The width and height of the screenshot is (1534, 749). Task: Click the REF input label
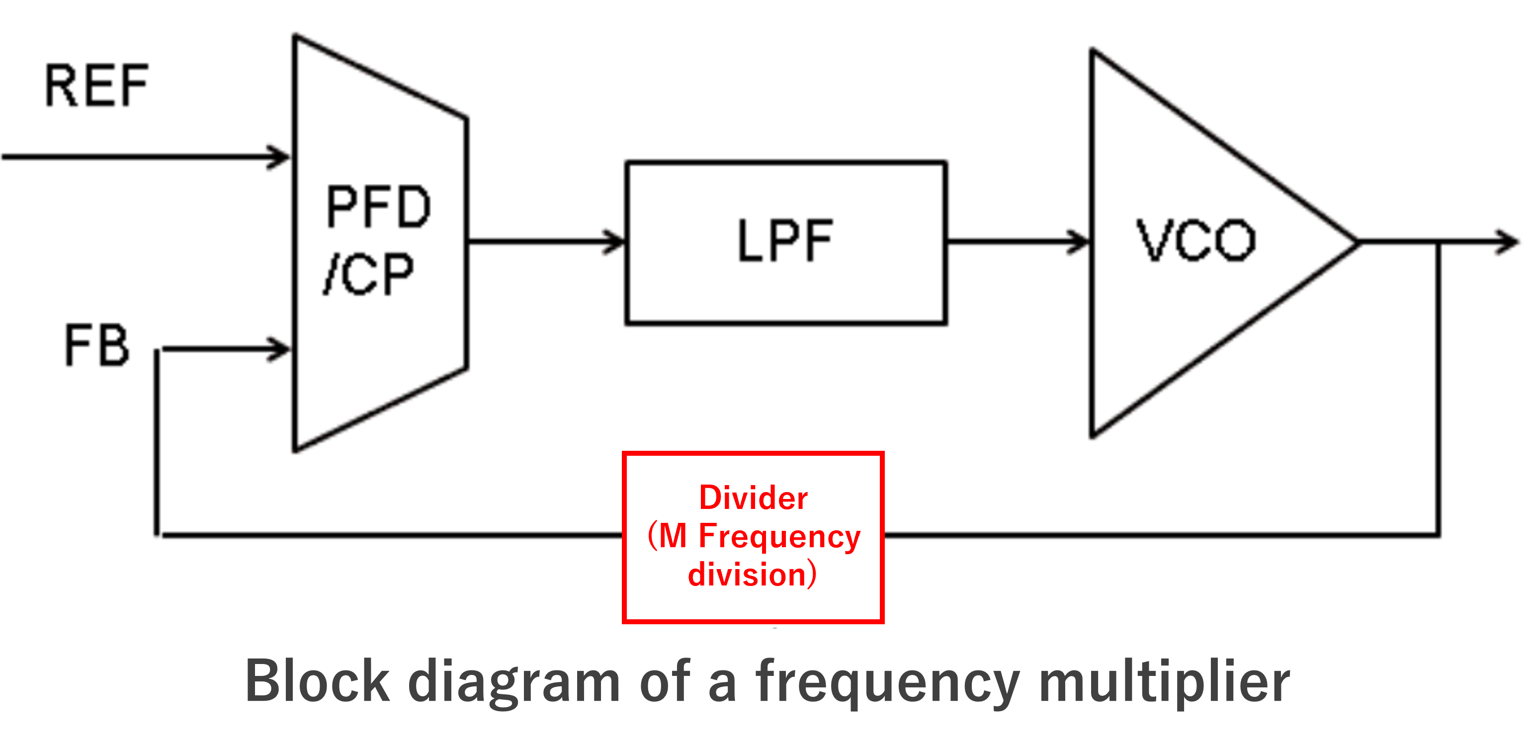[x=96, y=86]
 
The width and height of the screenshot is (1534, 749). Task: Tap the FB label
[x=96, y=345]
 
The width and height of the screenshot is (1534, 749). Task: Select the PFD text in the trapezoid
[x=378, y=207]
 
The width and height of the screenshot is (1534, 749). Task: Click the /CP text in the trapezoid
[x=369, y=274]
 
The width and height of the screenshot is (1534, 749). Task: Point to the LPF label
[x=785, y=241]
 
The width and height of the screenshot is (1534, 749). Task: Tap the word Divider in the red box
[x=753, y=498]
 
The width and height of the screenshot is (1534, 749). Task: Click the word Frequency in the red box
[x=779, y=536]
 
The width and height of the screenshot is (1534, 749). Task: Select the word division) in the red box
[x=752, y=575]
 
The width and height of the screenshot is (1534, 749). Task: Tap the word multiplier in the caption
[x=1164, y=682]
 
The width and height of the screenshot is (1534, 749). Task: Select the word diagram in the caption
[x=514, y=682]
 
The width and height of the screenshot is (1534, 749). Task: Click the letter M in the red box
[x=673, y=536]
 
